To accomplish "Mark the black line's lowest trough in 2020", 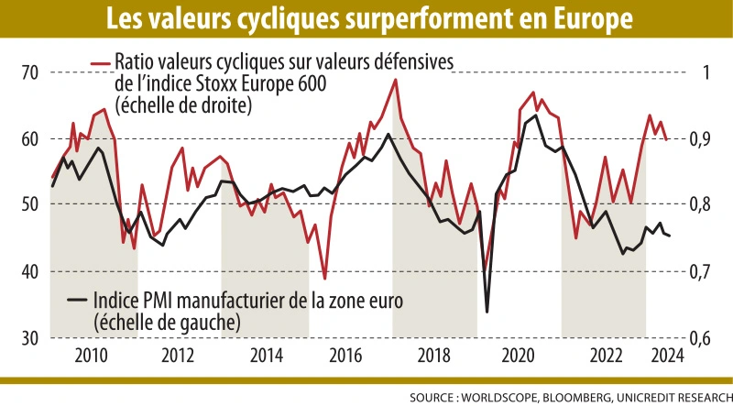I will click(487, 313).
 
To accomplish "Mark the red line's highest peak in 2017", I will click(395, 79).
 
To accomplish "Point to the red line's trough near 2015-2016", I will click(324, 279).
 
